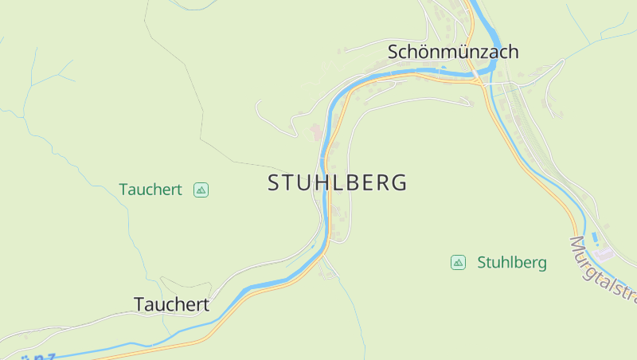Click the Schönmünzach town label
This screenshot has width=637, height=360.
[453, 52]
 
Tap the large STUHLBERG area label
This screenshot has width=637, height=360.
[338, 182]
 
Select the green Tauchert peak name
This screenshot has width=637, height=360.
[150, 190]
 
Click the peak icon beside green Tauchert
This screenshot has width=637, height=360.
[201, 190]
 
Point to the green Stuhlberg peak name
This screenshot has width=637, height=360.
[512, 263]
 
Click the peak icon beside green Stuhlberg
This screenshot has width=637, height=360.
[458, 262]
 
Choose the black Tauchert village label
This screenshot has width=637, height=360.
[171, 304]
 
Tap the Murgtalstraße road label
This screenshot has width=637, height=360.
[604, 271]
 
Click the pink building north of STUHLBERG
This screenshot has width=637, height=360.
[316, 131]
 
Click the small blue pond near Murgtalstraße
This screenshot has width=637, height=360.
[596, 237]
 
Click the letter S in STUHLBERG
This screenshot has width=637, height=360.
[274, 182]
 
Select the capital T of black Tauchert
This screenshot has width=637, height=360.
[139, 304]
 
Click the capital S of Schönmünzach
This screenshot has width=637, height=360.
[393, 52]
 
